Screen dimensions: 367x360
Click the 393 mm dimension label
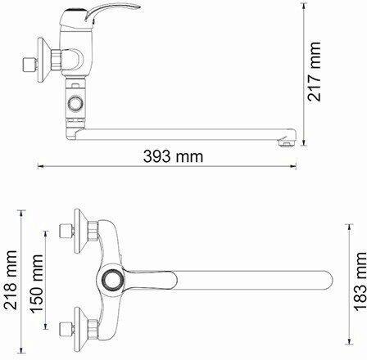click(x=173, y=156)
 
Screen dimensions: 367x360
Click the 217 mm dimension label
click(x=314, y=71)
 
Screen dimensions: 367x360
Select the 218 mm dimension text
click(x=11, y=280)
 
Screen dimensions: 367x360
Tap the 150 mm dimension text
click(x=37, y=284)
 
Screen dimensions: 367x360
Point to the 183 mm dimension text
click(x=360, y=281)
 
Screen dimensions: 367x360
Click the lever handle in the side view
click(x=109, y=14)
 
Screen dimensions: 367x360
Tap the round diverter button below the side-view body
click(x=75, y=104)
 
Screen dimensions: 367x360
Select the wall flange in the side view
click(x=43, y=60)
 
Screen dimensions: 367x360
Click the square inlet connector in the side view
click(x=28, y=65)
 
